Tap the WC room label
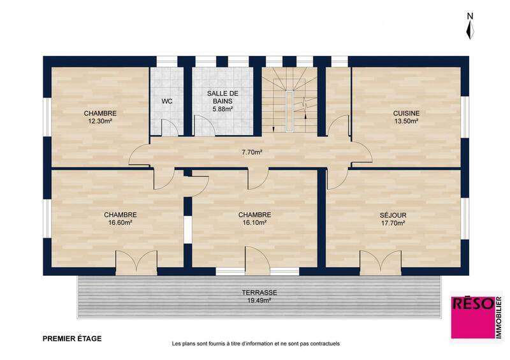[x=166, y=101]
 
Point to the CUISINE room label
[x=406, y=113]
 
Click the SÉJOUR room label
[x=393, y=215]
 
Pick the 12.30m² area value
[x=100, y=121]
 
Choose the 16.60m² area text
[x=120, y=223]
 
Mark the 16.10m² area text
[x=254, y=223]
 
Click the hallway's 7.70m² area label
[x=252, y=152]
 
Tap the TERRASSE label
[x=259, y=292]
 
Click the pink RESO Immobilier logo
[x=476, y=317]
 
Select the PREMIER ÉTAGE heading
[x=71, y=339]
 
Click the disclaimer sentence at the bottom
[x=256, y=343]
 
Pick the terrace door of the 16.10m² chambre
[x=258, y=260]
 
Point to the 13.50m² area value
[x=406, y=121]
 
